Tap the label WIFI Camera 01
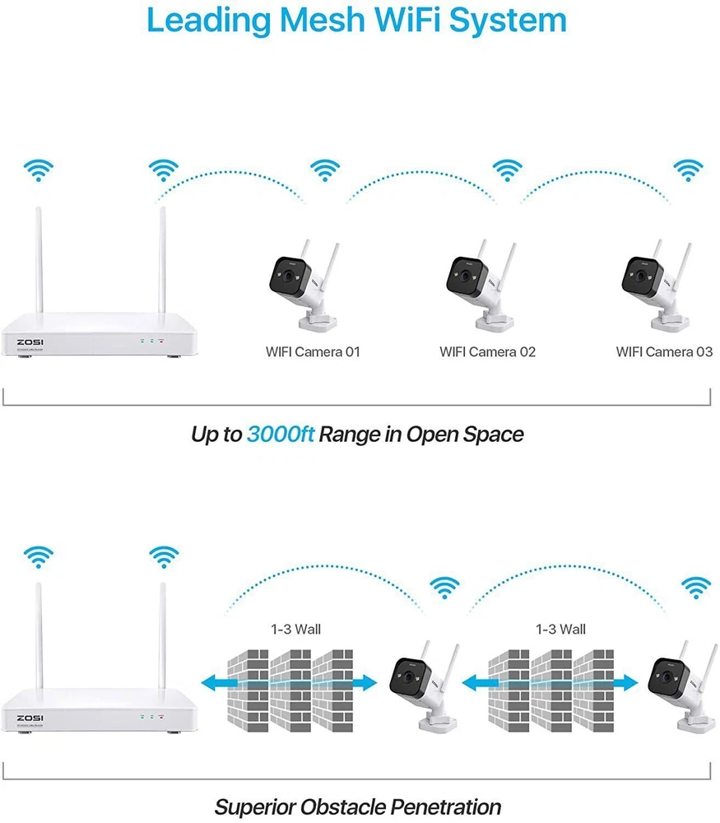pyautogui.click(x=313, y=352)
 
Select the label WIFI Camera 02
pyautogui.click(x=487, y=352)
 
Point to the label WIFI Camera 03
pyautogui.click(x=664, y=352)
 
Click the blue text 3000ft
pyautogui.click(x=280, y=434)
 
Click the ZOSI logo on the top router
pyautogui.click(x=30, y=341)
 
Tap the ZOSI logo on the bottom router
pyautogui.click(x=30, y=718)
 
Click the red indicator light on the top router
pyautogui.click(x=162, y=339)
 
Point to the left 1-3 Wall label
pyautogui.click(x=295, y=630)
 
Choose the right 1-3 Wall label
pyautogui.click(x=560, y=630)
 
